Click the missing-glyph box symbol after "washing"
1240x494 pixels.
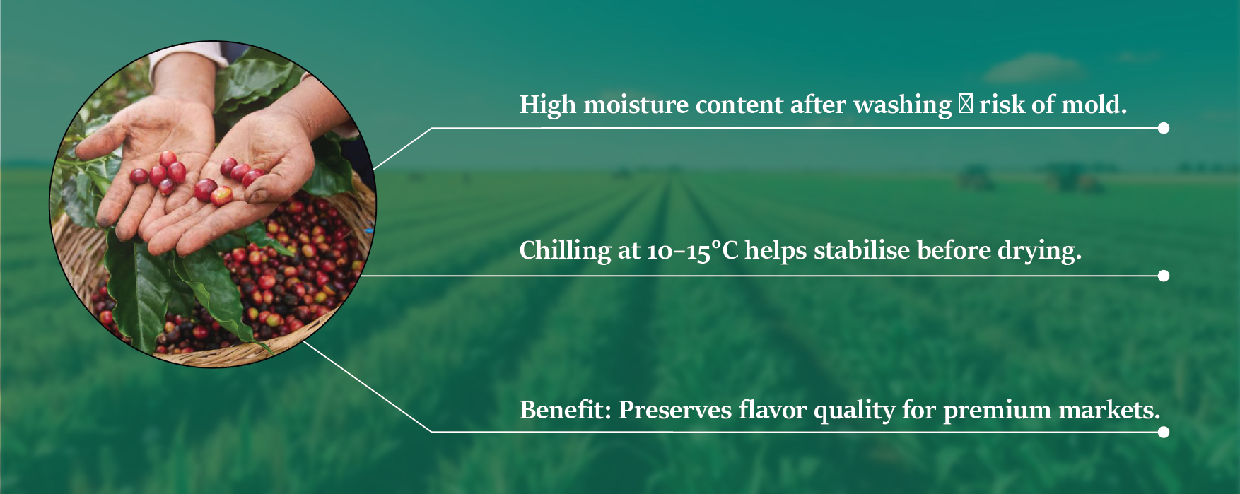965,105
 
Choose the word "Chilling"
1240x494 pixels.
565,251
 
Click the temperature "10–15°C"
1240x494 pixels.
692,251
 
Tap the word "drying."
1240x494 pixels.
1039,251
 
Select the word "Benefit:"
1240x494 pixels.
566,409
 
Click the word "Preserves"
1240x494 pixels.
675,409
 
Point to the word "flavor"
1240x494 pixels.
773,409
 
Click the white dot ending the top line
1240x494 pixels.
1164,128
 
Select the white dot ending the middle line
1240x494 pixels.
1164,276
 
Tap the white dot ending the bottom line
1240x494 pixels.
1164,432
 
